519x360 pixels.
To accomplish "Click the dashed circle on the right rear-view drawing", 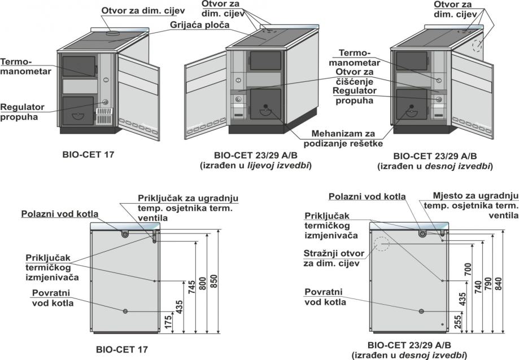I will [382, 244].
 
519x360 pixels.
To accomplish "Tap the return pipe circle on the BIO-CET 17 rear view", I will [125, 311].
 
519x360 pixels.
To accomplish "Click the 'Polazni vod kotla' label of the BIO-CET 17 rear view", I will [60, 214].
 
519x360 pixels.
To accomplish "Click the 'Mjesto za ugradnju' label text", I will [475, 196].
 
